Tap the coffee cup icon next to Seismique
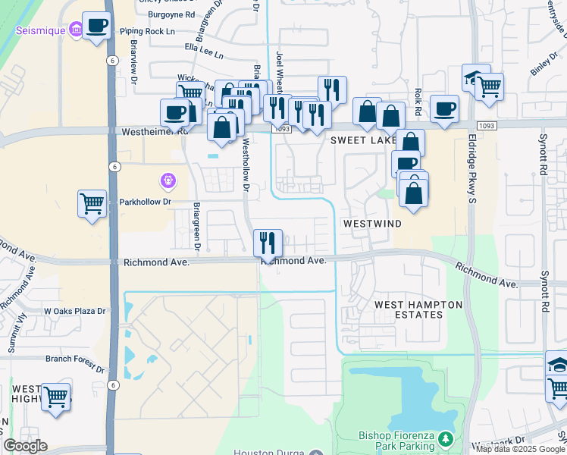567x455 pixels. coord(96,27)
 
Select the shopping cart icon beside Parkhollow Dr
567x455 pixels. coord(92,204)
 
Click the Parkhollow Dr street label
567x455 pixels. coord(146,202)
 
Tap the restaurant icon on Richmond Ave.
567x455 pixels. coord(268,243)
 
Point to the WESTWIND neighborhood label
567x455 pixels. coord(371,224)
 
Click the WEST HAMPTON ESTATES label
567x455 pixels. coord(418,310)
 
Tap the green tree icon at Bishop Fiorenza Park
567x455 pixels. coord(446,438)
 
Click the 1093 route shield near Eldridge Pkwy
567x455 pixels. coord(487,125)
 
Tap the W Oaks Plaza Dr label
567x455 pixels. coord(78,311)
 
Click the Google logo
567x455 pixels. coord(25,446)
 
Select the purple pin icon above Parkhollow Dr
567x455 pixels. coord(168,181)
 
